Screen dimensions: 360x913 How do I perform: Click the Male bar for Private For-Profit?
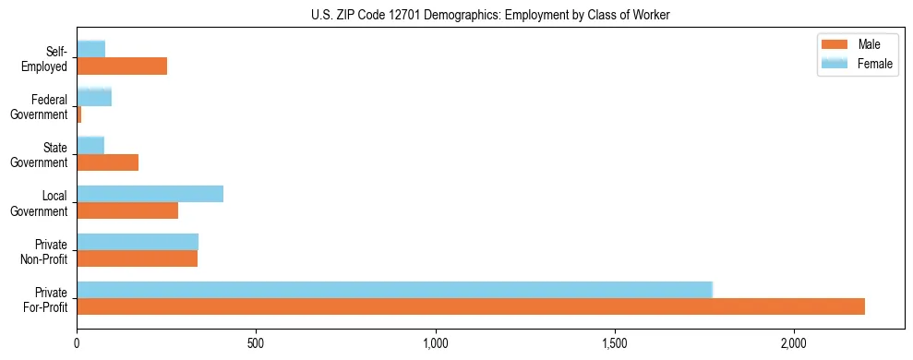(x=471, y=306)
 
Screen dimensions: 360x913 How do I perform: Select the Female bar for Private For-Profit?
(x=395, y=290)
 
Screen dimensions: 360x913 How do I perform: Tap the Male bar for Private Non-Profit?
(x=138, y=258)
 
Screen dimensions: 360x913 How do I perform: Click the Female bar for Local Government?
(x=150, y=194)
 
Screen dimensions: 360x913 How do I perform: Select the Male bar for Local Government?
(x=127, y=210)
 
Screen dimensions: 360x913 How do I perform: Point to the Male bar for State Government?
(x=108, y=162)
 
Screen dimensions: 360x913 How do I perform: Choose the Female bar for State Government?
(x=90, y=145)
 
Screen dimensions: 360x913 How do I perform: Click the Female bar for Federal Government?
(x=94, y=97)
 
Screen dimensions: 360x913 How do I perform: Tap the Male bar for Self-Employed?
(x=122, y=66)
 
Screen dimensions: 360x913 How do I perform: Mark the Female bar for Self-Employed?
(x=91, y=49)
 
